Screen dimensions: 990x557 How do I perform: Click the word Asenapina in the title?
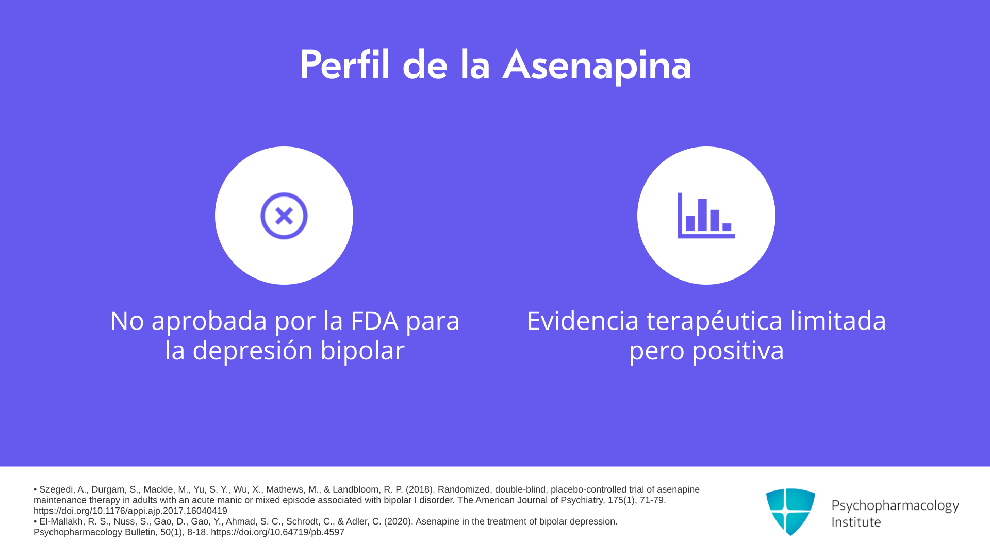point(597,65)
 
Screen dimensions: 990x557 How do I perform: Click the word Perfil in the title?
point(344,64)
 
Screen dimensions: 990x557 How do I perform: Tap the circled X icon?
point(284,216)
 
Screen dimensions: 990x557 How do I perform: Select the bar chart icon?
point(706,216)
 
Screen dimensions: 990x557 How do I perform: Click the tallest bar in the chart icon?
point(702,215)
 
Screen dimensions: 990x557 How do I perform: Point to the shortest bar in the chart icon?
point(727,227)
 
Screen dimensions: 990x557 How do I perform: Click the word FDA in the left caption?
point(374,321)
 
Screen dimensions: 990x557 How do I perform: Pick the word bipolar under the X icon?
point(362,351)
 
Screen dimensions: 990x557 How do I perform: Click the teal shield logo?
point(790,512)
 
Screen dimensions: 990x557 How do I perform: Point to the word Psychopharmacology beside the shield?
point(895,506)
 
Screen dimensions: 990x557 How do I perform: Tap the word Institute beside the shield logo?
point(856,522)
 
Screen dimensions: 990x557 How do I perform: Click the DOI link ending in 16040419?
point(130,511)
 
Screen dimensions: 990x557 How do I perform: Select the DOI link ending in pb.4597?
point(277,532)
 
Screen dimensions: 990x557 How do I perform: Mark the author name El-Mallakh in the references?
point(62,521)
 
